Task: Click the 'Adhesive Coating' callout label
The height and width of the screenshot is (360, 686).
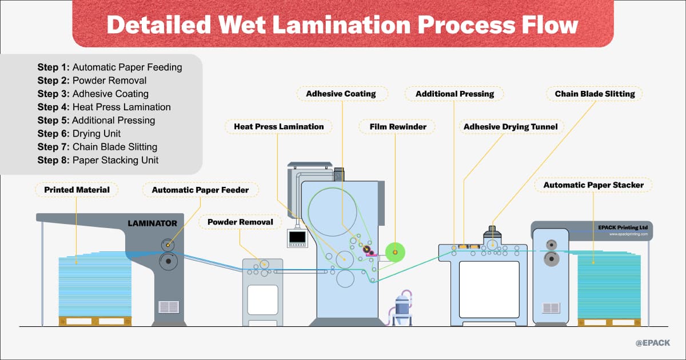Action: pos(341,94)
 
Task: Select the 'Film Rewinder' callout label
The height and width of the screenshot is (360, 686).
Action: pos(397,126)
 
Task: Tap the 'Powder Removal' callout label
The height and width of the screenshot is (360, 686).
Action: pos(240,222)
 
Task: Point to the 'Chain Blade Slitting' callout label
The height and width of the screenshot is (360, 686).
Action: pos(595,94)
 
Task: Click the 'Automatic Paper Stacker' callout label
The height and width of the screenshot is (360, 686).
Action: pos(593,185)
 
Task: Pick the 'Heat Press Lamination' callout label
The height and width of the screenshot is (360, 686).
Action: pos(279,126)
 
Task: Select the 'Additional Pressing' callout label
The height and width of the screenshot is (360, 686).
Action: pos(453,94)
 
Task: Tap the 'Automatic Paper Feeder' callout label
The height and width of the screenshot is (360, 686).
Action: pos(200,190)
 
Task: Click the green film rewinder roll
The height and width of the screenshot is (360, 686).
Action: pos(394,252)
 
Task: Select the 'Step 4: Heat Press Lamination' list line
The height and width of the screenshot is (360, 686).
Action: pos(104,107)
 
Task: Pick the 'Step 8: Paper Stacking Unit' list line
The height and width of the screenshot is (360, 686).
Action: pos(98,161)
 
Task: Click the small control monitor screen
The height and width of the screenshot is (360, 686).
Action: pos(297,237)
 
